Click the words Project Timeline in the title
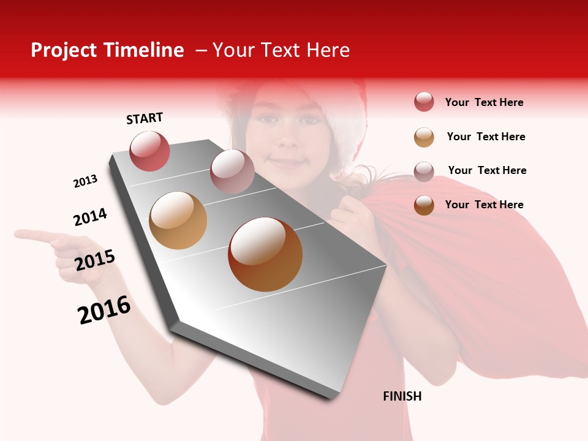tap(107, 50)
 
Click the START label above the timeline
tap(145, 118)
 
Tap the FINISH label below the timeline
tap(402, 396)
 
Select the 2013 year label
tap(85, 181)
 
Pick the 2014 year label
tap(90, 217)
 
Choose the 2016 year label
tap(104, 310)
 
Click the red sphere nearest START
tap(150, 151)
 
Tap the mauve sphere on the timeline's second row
tap(232, 171)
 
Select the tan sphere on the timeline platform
tap(178, 221)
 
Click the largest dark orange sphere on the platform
tap(265, 254)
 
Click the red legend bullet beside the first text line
tap(424, 102)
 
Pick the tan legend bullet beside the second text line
tap(424, 137)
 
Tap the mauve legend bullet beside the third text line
tap(424, 171)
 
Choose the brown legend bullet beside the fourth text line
tap(424, 205)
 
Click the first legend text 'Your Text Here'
tap(484, 102)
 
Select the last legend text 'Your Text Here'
tap(484, 205)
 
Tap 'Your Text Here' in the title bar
tap(281, 50)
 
